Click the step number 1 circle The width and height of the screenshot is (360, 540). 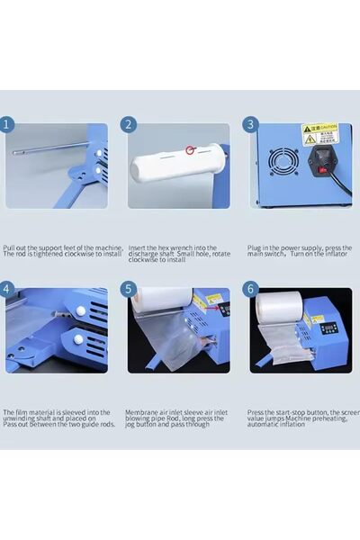tap(9, 124)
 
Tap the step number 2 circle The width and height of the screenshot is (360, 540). tap(129, 124)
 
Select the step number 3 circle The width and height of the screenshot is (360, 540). tap(251, 124)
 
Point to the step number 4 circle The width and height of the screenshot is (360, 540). tap(9, 289)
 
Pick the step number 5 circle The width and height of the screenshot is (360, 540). tap(129, 289)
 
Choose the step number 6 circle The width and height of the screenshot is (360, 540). tap(251, 289)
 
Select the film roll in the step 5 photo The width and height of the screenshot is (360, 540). tap(162, 301)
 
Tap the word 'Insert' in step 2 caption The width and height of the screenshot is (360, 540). tap(137, 247)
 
